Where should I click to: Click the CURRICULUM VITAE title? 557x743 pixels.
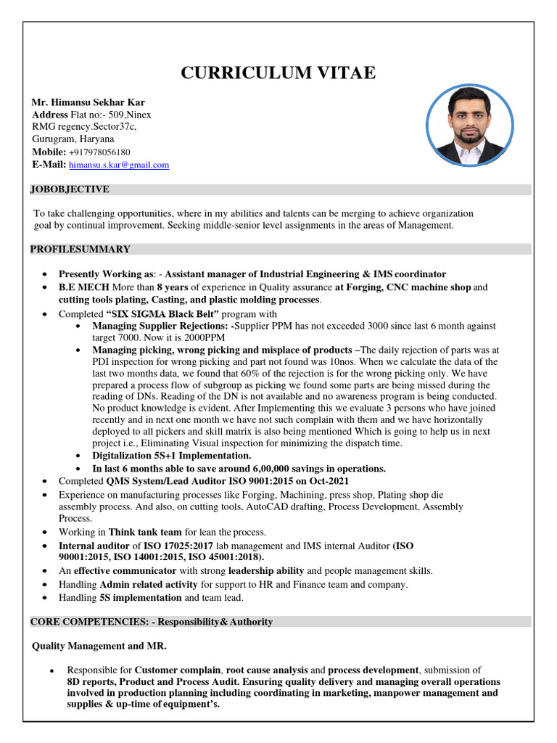point(278,73)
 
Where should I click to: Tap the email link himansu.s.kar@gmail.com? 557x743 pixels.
point(119,165)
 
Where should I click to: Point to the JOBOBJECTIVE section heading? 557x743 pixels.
point(70,189)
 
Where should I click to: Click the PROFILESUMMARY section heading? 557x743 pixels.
point(80,249)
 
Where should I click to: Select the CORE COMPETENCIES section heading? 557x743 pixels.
point(151,622)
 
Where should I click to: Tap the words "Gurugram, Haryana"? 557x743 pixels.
point(73,139)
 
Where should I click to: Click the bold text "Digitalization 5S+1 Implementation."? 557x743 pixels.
point(171,456)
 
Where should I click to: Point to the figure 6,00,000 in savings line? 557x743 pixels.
point(255,468)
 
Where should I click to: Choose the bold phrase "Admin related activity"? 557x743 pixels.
point(149,584)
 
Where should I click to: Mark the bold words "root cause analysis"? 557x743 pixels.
point(275,670)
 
